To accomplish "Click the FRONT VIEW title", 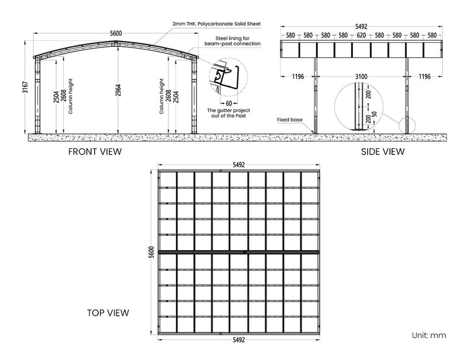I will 95,151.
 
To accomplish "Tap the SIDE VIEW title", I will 382,151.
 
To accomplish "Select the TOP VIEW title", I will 108,313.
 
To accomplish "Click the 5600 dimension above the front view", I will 116,33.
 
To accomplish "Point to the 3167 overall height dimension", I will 25,87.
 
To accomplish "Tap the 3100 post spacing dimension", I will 361,77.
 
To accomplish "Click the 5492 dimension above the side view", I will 361,27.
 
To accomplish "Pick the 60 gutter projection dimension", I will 229,102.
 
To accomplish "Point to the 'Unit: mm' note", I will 429,335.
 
